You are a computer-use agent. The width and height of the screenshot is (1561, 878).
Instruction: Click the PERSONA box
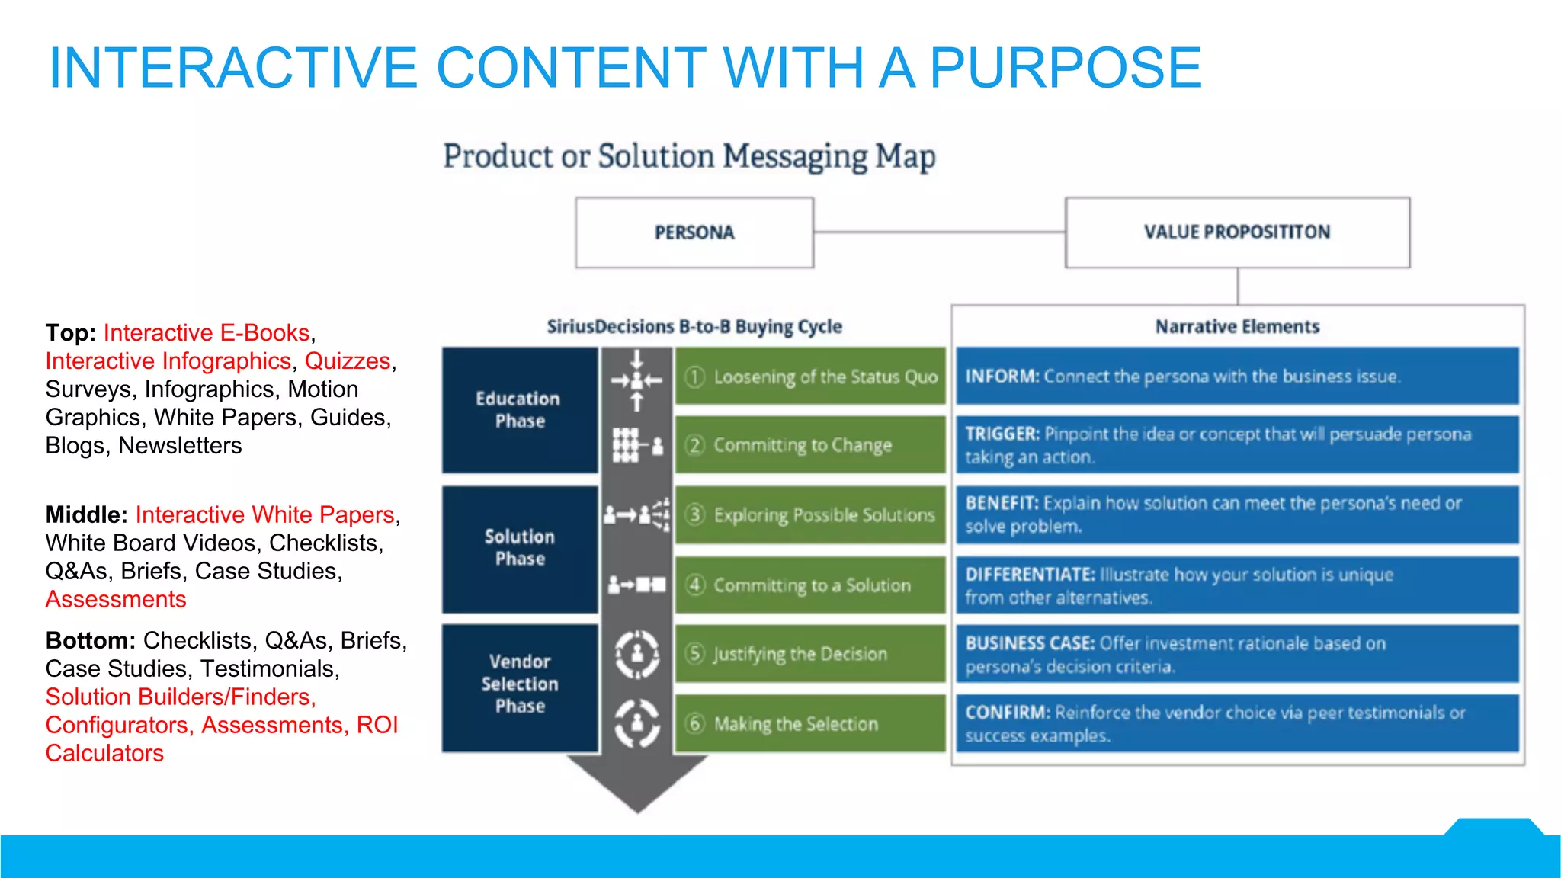tap(694, 232)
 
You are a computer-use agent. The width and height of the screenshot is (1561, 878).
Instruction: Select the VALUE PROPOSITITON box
tap(1237, 232)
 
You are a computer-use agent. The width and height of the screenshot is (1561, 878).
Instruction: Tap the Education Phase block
tap(519, 410)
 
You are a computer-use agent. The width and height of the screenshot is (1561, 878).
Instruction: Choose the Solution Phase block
tap(519, 548)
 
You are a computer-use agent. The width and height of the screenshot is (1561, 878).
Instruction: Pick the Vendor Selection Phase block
tap(519, 684)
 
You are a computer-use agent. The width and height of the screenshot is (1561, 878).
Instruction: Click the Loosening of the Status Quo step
tap(810, 377)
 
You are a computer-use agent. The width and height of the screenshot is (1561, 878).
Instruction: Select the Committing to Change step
tap(810, 445)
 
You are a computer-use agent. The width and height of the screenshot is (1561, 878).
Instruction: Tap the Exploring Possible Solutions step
tap(810, 515)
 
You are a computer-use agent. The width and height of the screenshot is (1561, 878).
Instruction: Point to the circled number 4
tap(695, 585)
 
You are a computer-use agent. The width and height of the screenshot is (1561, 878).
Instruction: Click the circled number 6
tap(695, 723)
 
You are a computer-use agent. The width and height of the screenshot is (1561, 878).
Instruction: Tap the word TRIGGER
tap(1002, 434)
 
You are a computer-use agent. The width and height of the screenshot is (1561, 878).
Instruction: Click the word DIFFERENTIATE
tap(1030, 574)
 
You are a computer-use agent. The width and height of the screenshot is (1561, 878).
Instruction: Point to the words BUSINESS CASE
tap(1030, 643)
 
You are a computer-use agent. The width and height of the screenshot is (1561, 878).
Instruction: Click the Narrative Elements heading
tap(1237, 327)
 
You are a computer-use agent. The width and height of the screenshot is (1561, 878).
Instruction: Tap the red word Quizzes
tap(348, 361)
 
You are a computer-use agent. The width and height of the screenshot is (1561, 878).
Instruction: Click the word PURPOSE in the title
tap(1065, 68)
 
